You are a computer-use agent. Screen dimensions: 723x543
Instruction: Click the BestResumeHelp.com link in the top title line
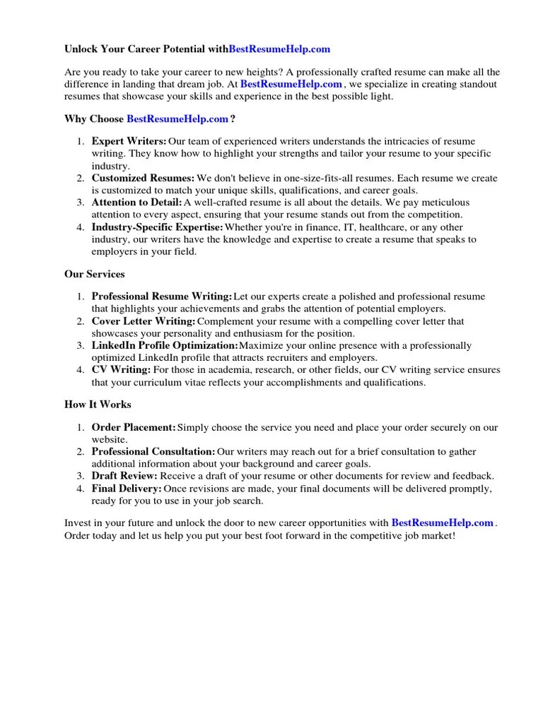pyautogui.click(x=279, y=49)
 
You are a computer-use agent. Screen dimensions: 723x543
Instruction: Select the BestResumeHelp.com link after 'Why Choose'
pyautogui.click(x=177, y=119)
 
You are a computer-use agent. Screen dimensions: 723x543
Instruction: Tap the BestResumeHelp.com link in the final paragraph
pyautogui.click(x=442, y=523)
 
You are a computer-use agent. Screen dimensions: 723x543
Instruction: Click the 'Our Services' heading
pyautogui.click(x=94, y=274)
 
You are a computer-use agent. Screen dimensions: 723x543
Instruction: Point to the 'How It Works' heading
pyautogui.click(x=98, y=405)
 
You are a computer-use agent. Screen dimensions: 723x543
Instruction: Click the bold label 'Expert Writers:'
pyautogui.click(x=129, y=142)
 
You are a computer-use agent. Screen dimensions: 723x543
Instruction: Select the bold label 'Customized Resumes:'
pyautogui.click(x=143, y=178)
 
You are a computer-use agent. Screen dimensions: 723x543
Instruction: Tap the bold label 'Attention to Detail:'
pyautogui.click(x=136, y=203)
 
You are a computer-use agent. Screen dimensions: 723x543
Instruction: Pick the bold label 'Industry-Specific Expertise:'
pyautogui.click(x=157, y=227)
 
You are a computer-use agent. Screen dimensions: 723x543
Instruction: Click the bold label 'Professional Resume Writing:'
pyautogui.click(x=161, y=297)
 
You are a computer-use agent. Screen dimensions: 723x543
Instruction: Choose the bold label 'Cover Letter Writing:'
pyautogui.click(x=143, y=321)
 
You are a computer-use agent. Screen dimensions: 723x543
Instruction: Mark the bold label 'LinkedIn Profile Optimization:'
pyautogui.click(x=165, y=345)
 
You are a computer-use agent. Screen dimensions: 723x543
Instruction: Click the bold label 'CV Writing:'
pyautogui.click(x=121, y=369)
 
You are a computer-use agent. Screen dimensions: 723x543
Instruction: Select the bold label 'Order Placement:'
pyautogui.click(x=134, y=428)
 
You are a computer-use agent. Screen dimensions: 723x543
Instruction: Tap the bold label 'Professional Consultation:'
pyautogui.click(x=153, y=451)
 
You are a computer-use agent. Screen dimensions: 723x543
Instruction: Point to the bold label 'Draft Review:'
pyautogui.click(x=124, y=476)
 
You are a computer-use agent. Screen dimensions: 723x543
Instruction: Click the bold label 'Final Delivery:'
pyautogui.click(x=127, y=489)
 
